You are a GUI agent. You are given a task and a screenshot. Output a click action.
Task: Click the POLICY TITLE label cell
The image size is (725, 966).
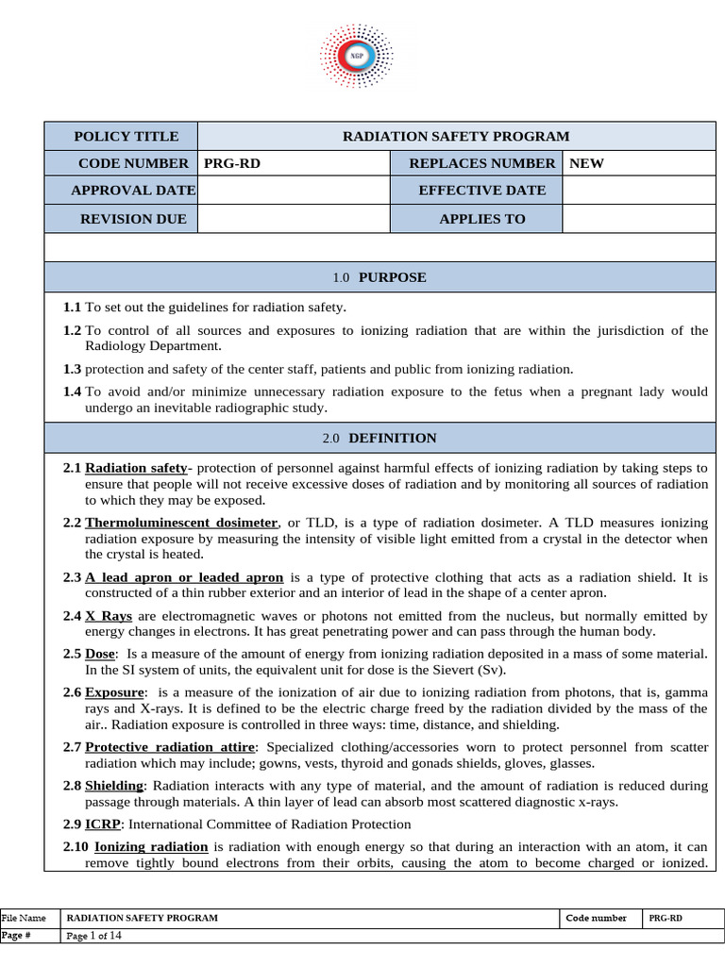126,136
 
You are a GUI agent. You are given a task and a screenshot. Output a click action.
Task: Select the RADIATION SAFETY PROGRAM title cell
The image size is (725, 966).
455,136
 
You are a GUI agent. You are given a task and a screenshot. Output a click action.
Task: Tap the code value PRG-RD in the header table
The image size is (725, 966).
232,163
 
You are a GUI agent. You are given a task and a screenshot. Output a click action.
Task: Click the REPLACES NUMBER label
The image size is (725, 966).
481,163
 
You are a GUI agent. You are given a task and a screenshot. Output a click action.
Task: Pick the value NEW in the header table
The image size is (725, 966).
586,163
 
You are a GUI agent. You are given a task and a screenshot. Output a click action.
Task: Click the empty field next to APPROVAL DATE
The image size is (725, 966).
294,191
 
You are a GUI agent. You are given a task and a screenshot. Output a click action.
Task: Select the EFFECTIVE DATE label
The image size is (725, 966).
481,191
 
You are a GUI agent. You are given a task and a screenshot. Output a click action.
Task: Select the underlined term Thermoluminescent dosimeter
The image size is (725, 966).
181,523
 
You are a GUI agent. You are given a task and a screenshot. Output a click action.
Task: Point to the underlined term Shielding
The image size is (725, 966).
114,785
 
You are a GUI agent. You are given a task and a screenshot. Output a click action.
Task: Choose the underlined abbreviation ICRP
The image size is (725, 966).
102,824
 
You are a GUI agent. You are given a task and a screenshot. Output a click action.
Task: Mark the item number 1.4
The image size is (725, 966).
73,391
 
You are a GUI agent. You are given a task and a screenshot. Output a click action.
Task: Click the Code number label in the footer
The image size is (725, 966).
596,918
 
